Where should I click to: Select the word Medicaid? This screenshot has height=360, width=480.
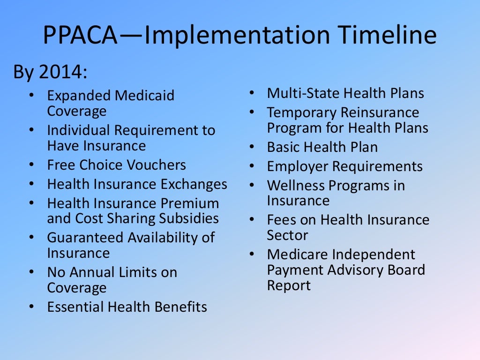[x=145, y=96]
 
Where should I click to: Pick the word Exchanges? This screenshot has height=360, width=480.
[x=194, y=184]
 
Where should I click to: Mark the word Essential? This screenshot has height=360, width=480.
[x=75, y=307]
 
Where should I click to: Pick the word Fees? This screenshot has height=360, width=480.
[x=279, y=220]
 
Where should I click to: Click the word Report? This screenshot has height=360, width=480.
[x=289, y=285]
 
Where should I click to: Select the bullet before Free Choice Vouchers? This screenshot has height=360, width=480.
[x=31, y=165]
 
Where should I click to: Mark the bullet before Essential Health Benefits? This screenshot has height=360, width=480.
[x=31, y=307]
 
